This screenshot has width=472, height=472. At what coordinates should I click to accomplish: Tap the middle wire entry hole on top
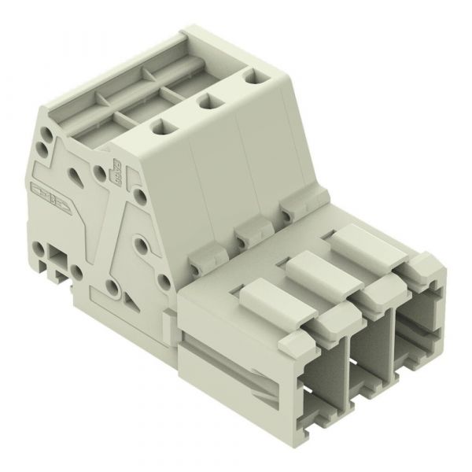[x=208, y=101]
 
